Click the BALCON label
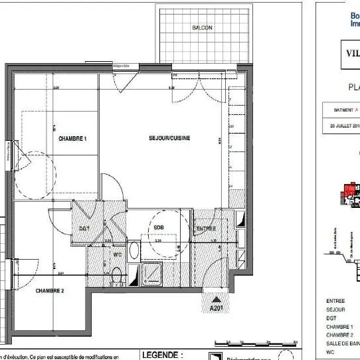point(202,28)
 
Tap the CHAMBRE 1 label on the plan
point(73,139)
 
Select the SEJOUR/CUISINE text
point(169,138)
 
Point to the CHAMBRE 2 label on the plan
point(50,291)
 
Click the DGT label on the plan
point(84,228)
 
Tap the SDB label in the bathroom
point(159,227)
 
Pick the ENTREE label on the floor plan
point(205,229)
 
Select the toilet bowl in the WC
point(116,274)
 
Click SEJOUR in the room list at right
point(335,310)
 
